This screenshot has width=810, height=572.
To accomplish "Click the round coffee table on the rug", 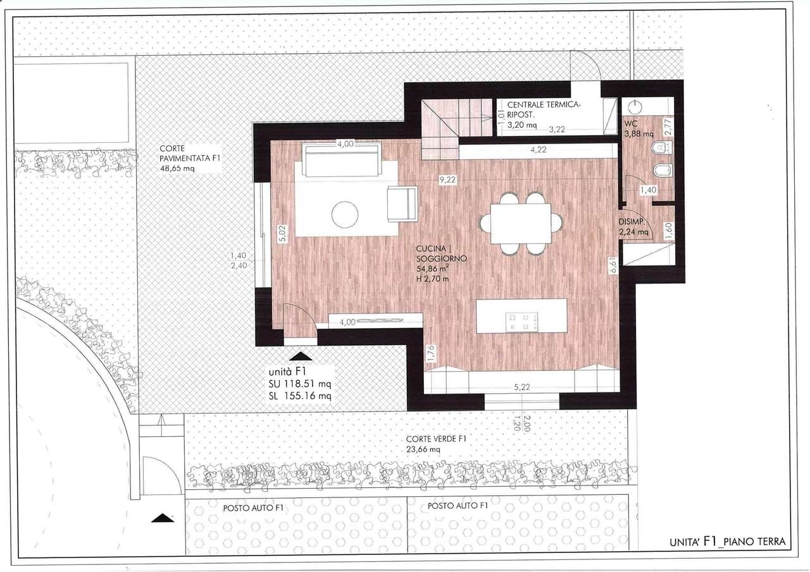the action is (345, 214).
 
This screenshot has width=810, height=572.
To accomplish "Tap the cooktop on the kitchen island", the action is (521, 322).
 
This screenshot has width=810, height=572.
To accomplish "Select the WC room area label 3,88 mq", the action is (639, 133).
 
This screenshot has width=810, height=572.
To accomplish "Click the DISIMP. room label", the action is (632, 222).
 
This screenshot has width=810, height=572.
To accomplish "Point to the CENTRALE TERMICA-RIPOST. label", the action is (543, 109).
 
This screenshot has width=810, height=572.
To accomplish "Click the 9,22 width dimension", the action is (447, 180).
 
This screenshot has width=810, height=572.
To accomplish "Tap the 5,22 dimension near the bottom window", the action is (522, 387).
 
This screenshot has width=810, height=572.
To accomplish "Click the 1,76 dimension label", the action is (430, 353).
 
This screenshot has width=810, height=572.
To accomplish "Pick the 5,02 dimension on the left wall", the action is (283, 233).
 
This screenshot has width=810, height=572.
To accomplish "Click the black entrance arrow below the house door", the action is (301, 356).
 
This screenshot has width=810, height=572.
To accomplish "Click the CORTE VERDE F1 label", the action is (436, 439).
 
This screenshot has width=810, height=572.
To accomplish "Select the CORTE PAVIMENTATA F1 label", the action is (190, 153).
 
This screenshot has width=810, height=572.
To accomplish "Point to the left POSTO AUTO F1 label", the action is (253, 508).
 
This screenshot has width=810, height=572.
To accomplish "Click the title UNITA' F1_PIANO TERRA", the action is (728, 542).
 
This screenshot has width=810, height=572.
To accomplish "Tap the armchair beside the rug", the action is (402, 204).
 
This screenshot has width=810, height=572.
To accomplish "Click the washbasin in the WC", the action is (635, 107).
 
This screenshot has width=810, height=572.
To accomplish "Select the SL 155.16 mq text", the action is (300, 396).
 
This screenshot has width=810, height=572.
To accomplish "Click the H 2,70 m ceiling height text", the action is (432, 279).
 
